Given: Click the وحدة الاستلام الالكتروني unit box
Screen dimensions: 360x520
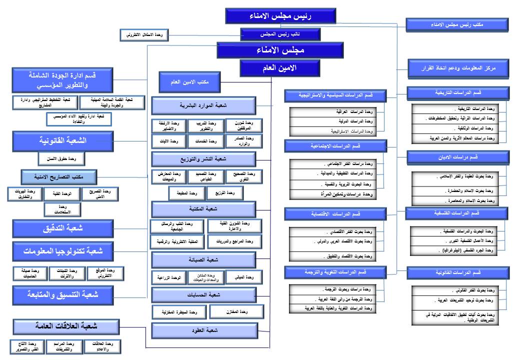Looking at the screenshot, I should [x=145, y=35].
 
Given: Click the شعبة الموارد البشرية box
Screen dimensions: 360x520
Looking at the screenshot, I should [x=203, y=106].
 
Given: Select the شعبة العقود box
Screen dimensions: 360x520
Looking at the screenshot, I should [x=203, y=330].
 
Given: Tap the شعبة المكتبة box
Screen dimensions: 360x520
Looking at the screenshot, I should [x=203, y=208].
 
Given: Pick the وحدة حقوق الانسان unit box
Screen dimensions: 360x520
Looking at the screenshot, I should [x=62, y=159].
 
